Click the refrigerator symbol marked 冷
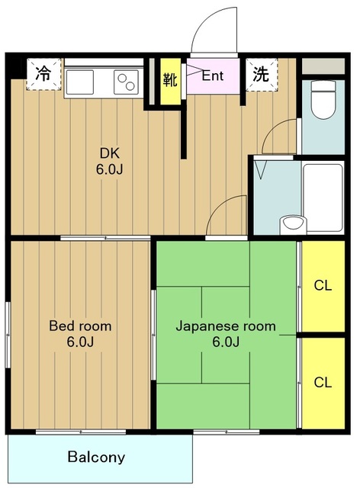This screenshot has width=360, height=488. (x=43, y=74)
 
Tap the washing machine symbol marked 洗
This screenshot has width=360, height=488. (x=261, y=74)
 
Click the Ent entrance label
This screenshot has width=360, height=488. (x=212, y=75)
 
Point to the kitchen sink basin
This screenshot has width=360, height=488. (x=80, y=79)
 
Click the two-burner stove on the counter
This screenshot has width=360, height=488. (x=126, y=79)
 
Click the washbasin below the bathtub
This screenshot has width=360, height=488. (x=291, y=224)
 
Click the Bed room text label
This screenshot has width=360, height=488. (x=80, y=326)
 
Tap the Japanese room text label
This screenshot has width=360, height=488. (x=226, y=326)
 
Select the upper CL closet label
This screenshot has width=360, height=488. (x=323, y=286)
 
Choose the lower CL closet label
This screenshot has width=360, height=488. (x=323, y=382)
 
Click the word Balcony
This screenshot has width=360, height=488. (x=96, y=457)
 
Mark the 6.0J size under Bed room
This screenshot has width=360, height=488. (x=80, y=342)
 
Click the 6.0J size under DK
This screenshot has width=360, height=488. (x=109, y=169)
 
